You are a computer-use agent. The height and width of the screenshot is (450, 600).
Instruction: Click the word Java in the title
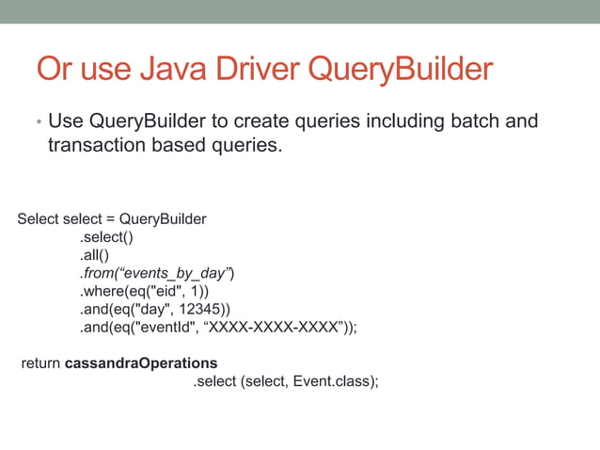pos(161,71)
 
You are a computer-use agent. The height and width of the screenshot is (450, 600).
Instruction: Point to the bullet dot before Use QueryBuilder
pos(39,123)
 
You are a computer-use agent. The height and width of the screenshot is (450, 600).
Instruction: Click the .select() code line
pos(105,237)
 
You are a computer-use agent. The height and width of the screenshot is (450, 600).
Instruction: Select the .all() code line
pos(94,255)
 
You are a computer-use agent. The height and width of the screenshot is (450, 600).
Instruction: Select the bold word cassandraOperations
pos(141,362)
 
